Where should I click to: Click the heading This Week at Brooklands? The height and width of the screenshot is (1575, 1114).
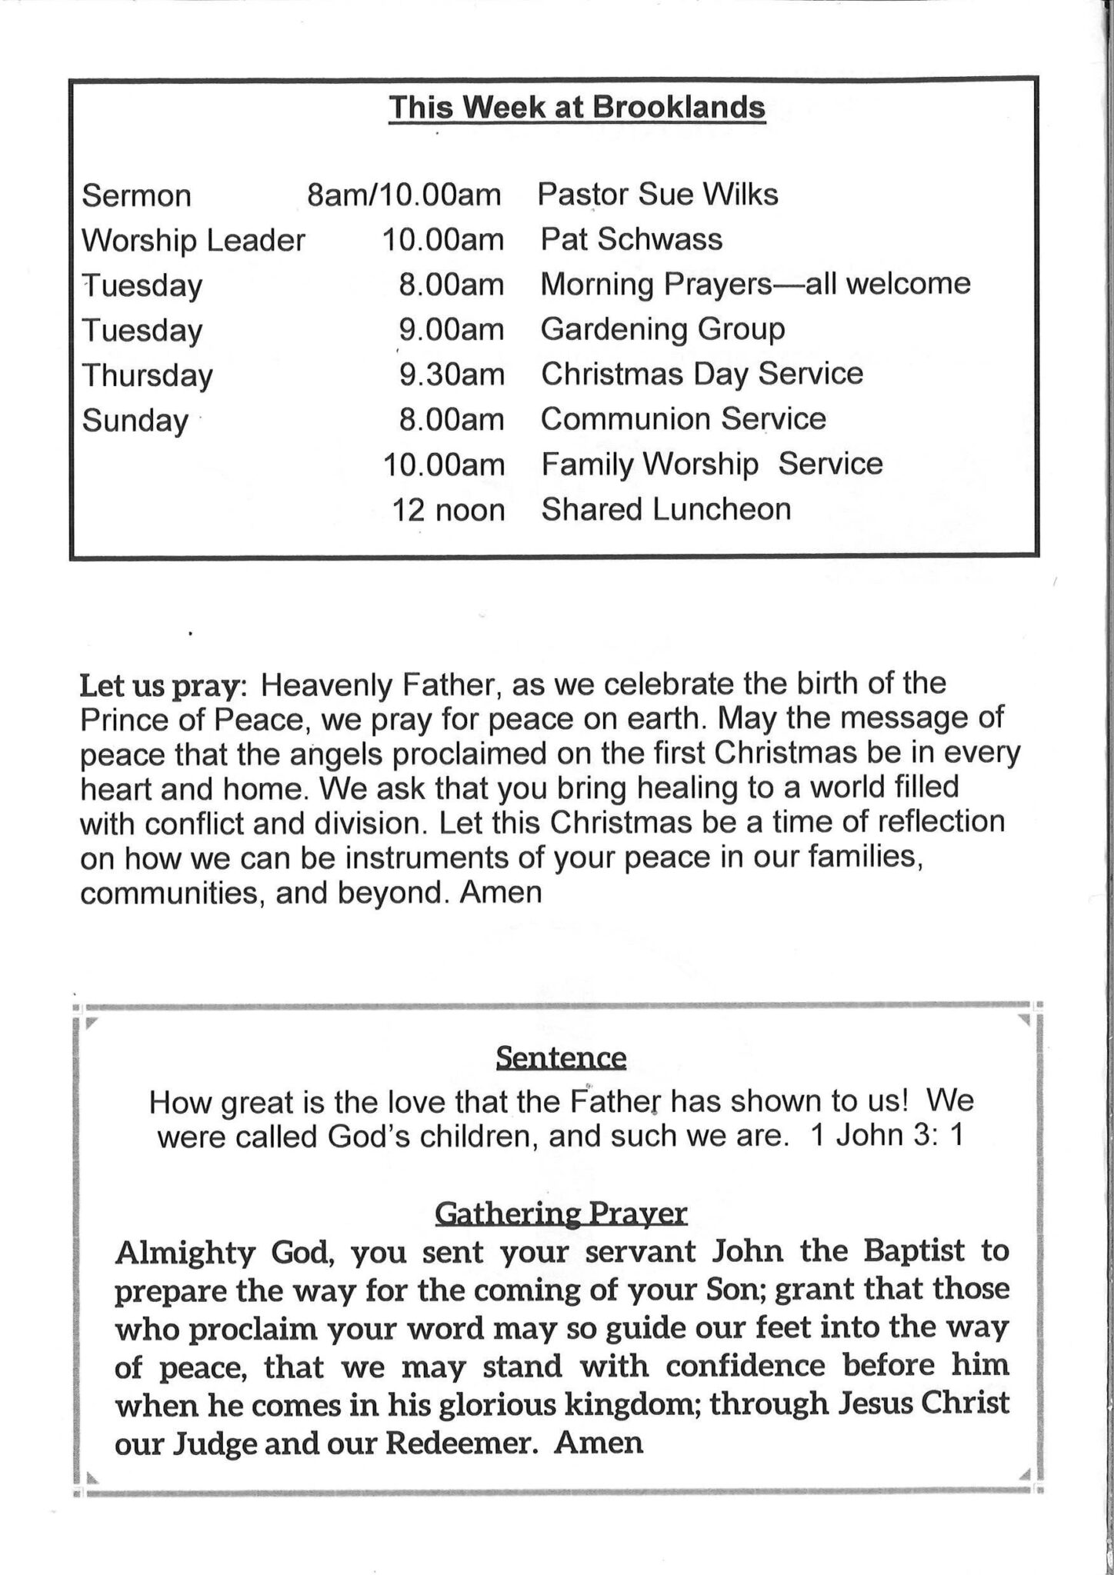pyautogui.click(x=577, y=108)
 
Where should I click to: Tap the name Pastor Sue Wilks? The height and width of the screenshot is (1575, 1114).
pyautogui.click(x=658, y=195)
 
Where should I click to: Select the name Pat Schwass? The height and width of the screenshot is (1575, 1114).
pyautogui.click(x=632, y=240)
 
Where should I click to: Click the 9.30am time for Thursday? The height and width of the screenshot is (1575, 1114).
pyautogui.click(x=452, y=375)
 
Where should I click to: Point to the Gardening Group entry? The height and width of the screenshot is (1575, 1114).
pyautogui.click(x=662, y=330)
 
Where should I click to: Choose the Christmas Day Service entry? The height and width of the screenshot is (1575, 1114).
pyautogui.click(x=702, y=375)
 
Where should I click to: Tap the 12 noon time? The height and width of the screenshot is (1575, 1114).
pyautogui.click(x=449, y=510)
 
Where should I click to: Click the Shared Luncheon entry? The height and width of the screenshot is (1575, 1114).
pyautogui.click(x=665, y=510)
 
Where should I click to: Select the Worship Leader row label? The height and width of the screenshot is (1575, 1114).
pyautogui.click(x=194, y=241)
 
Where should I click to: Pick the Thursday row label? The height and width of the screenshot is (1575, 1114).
pyautogui.click(x=148, y=376)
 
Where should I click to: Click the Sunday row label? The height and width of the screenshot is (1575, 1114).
pyautogui.click(x=135, y=421)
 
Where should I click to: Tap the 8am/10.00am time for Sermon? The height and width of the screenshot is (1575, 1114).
pyautogui.click(x=404, y=195)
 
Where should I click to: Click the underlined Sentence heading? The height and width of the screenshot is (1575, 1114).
pyautogui.click(x=561, y=1058)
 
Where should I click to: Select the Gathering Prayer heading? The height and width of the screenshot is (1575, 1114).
pyautogui.click(x=561, y=1213)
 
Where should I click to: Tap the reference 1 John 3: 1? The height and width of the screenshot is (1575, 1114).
pyautogui.click(x=886, y=1136)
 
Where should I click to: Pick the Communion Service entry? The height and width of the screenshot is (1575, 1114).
pyautogui.click(x=683, y=420)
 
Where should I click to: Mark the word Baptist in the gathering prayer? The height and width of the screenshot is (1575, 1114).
pyautogui.click(x=913, y=1251)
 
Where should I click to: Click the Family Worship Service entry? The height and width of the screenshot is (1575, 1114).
pyautogui.click(x=712, y=465)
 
